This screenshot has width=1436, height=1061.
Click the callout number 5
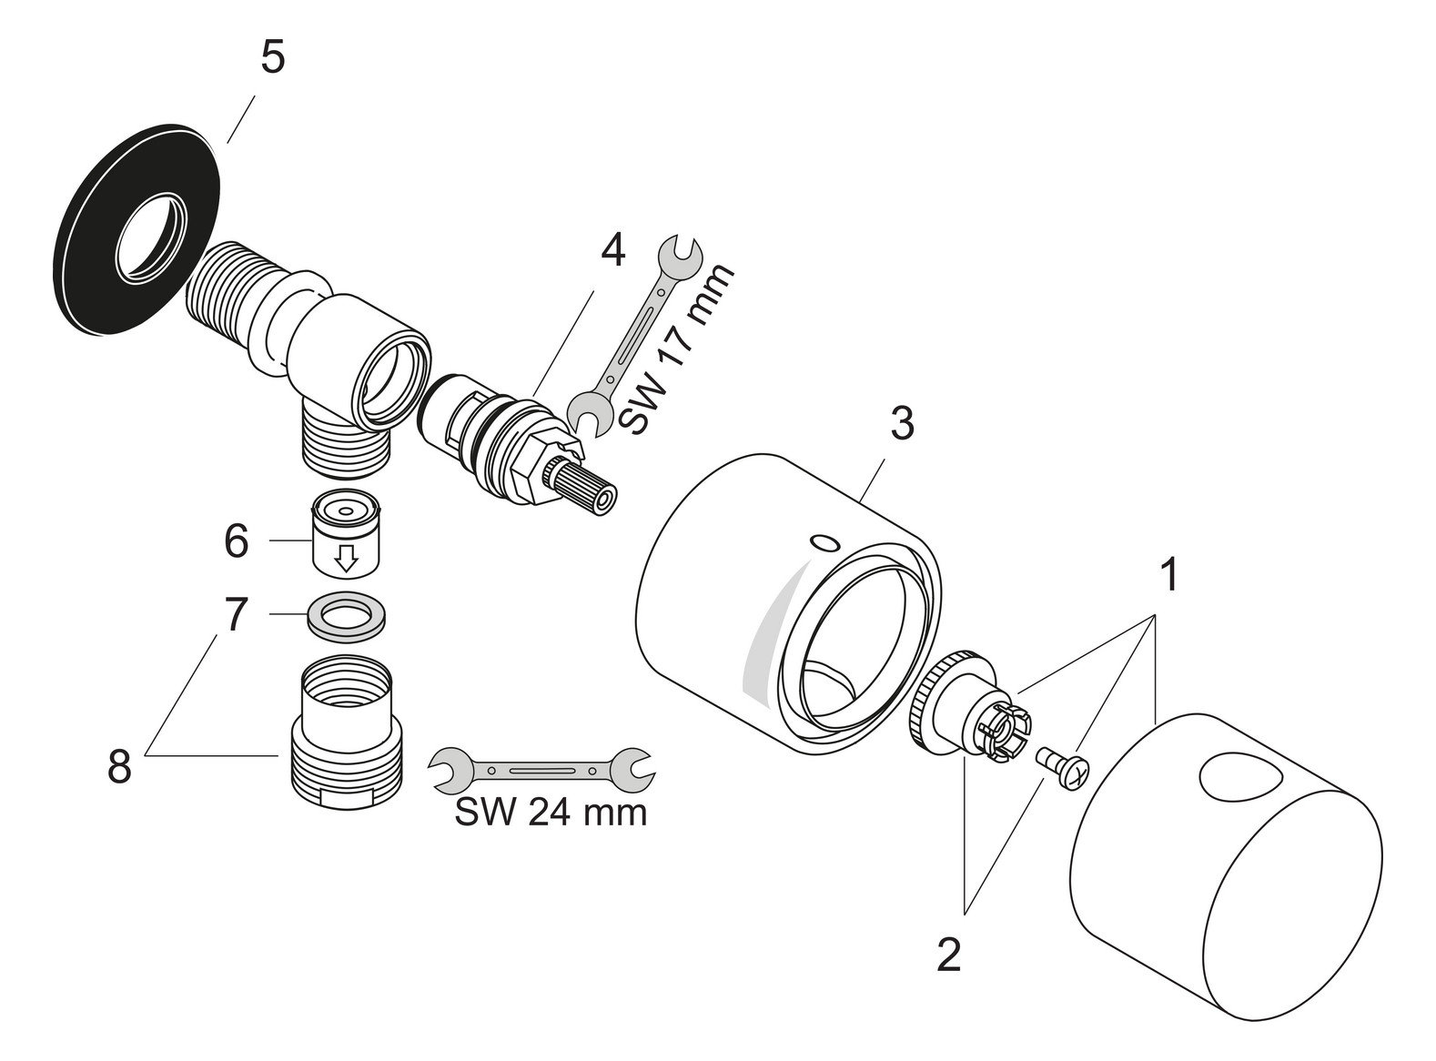click(x=272, y=59)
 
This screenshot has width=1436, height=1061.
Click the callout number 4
click(x=612, y=250)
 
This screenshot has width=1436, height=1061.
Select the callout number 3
click(x=900, y=424)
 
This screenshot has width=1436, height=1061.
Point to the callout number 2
click(x=948, y=955)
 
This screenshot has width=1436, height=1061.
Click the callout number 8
click(x=119, y=766)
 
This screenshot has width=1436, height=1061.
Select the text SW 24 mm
click(x=551, y=812)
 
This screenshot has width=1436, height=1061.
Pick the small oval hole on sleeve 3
click(x=824, y=544)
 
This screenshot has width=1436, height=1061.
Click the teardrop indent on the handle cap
click(x=1233, y=778)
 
